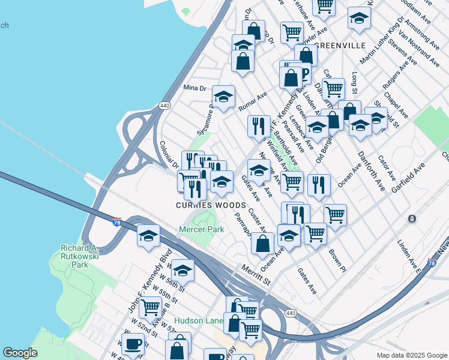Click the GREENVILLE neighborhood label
(340, 46)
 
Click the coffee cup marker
(133, 345)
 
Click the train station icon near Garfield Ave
(412, 218)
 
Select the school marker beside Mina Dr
(223, 97)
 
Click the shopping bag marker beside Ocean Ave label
(262, 243)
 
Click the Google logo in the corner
(20, 352)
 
